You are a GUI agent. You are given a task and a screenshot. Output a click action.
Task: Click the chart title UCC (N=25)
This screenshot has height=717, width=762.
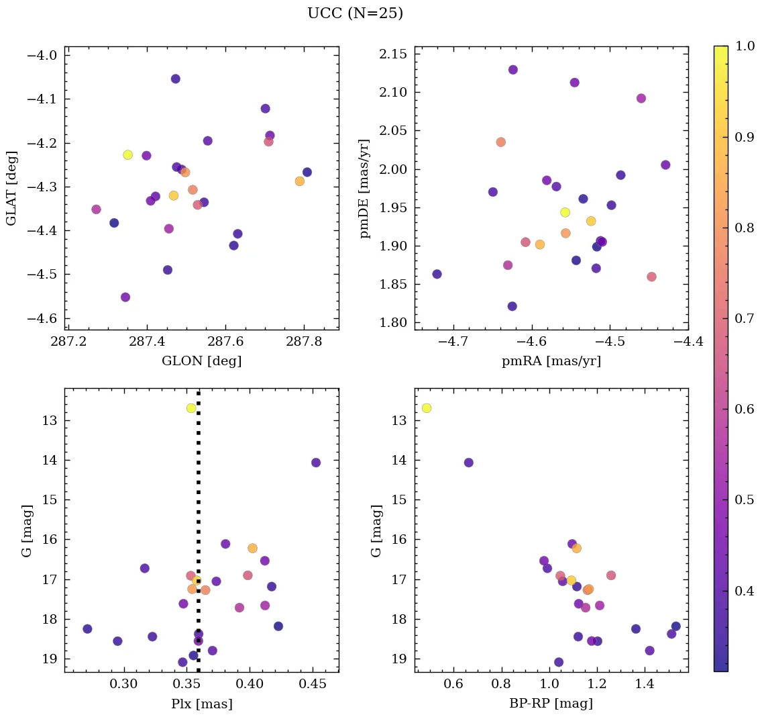click(x=355, y=13)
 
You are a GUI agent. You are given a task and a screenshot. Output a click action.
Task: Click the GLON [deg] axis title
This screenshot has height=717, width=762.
click(x=201, y=361)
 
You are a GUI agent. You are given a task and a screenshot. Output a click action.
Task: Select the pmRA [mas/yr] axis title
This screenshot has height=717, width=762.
click(x=551, y=361)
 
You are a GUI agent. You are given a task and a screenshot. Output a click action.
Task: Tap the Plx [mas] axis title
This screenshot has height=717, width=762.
click(x=201, y=704)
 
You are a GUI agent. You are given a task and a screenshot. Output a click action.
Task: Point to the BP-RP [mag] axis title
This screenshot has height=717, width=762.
click(x=551, y=704)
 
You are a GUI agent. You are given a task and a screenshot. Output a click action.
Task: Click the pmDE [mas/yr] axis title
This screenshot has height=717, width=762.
click(x=365, y=188)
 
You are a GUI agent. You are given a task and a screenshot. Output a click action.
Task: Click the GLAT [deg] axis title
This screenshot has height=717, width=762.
click(x=11, y=188)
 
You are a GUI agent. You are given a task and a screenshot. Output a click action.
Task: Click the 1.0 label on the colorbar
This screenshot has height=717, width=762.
click(x=745, y=46)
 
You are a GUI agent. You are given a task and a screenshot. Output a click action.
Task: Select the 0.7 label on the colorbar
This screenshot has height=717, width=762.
click(x=745, y=318)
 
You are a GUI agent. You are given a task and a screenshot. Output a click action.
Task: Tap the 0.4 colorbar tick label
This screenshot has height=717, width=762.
click(x=745, y=591)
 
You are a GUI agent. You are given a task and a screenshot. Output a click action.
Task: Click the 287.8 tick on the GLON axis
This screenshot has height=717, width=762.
click(x=304, y=342)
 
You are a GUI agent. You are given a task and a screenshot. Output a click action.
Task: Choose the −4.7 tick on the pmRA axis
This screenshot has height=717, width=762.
click(x=453, y=342)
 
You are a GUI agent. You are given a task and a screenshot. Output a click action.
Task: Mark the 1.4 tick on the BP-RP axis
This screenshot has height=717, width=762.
click(x=645, y=685)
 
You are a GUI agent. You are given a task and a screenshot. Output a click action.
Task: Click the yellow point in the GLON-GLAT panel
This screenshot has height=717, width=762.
click(x=127, y=155)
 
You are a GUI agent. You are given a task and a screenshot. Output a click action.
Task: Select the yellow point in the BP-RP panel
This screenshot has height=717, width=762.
click(x=426, y=408)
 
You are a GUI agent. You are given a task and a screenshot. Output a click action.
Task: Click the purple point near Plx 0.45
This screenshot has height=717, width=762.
click(x=315, y=463)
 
